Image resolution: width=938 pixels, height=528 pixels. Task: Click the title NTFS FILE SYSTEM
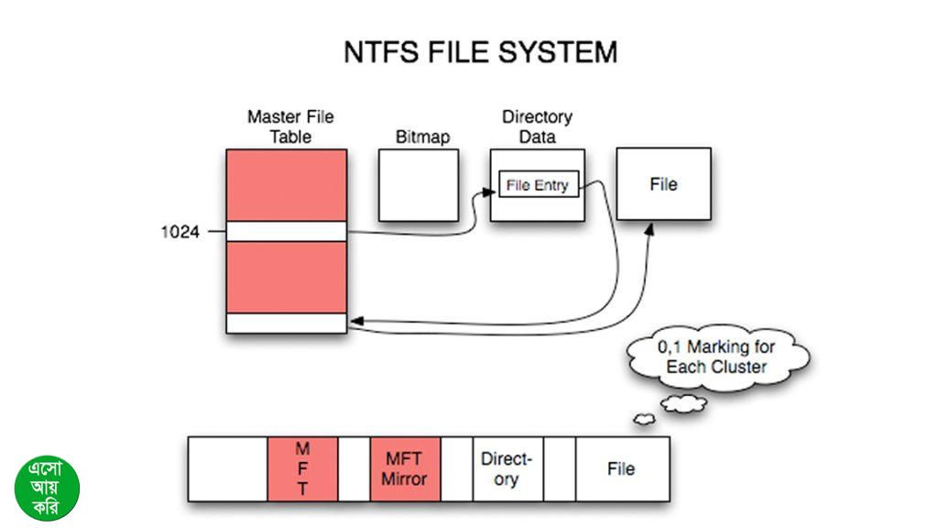point(480,52)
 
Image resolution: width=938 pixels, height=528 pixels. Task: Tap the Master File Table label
point(290,126)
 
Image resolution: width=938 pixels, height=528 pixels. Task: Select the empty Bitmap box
point(418,184)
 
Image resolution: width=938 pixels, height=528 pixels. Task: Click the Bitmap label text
point(422,137)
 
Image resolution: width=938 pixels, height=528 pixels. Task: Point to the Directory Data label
point(537,126)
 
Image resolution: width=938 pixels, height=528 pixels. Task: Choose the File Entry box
point(538,185)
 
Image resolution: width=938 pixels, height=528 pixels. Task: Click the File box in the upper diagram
point(663,184)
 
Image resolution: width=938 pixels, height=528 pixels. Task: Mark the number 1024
point(180,232)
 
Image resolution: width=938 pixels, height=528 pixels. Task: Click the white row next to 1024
point(287,231)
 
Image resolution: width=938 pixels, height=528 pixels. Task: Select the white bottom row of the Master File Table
point(287,324)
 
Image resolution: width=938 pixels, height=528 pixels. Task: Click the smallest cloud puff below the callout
point(644,419)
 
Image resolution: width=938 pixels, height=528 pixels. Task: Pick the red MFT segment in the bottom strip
point(302,468)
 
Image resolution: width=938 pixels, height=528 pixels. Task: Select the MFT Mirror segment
point(405,468)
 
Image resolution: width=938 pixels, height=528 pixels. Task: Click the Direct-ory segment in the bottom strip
point(506,468)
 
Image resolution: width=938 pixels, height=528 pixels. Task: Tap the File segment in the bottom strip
point(621,468)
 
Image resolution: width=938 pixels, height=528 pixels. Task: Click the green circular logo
point(48,488)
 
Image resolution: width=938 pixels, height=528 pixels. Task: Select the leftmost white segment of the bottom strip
point(228,468)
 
